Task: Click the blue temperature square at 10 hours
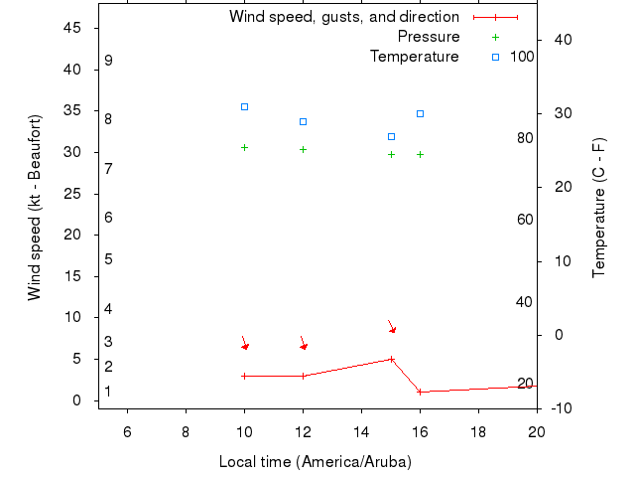click(x=244, y=106)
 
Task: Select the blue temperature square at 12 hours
click(x=303, y=121)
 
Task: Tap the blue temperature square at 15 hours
click(x=391, y=136)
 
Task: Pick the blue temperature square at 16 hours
click(x=420, y=113)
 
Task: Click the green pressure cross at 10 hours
click(x=244, y=147)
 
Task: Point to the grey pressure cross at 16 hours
click(x=420, y=154)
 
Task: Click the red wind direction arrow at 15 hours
click(x=392, y=326)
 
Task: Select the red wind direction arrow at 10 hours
click(x=244, y=343)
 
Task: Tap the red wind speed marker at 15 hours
click(x=391, y=359)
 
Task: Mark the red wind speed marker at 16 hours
click(x=420, y=392)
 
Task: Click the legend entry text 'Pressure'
click(x=429, y=37)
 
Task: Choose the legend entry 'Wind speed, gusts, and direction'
click(x=344, y=17)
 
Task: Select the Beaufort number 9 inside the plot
click(x=108, y=61)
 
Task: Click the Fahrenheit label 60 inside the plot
click(x=525, y=220)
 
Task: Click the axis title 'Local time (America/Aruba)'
click(x=315, y=462)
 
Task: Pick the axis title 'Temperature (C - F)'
click(x=598, y=209)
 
